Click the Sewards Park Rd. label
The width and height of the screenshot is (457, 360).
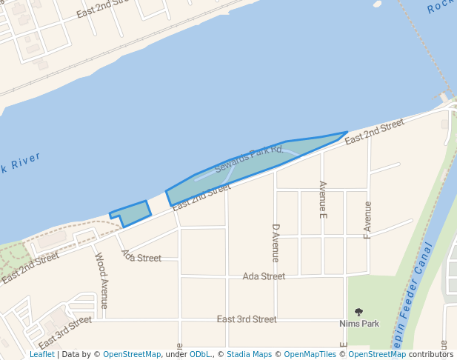250,159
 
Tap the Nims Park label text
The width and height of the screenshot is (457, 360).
359,324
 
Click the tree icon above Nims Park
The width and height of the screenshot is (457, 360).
359,313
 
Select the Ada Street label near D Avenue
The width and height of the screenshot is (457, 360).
264,276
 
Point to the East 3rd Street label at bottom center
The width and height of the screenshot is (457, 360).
247,319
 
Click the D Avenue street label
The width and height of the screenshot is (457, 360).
276,243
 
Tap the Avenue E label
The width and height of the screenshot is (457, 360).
322,199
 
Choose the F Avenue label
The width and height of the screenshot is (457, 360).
367,219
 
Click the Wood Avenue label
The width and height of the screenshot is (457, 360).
101,280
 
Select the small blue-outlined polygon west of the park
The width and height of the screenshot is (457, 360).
132,213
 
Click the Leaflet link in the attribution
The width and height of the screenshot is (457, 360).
42,354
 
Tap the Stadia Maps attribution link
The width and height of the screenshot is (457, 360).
248,354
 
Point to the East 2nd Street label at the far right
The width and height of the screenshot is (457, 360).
374,130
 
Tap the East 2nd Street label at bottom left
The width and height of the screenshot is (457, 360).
30,268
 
